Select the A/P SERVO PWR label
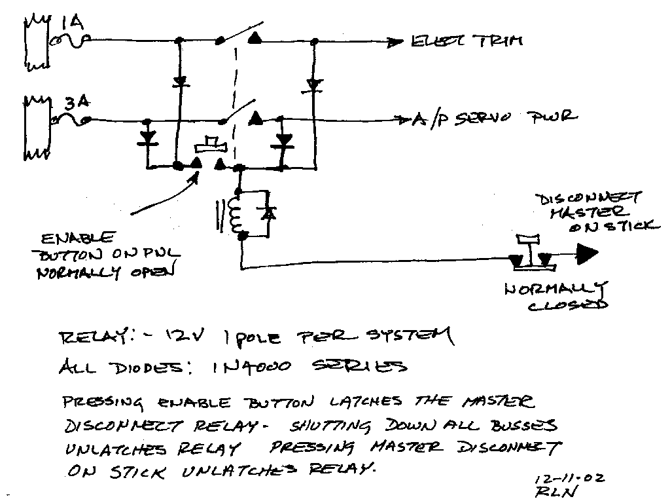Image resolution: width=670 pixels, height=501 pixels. coord(495,119)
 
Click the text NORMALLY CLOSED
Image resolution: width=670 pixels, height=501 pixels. coord(556,297)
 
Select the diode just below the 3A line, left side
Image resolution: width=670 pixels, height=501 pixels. coord(149,139)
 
